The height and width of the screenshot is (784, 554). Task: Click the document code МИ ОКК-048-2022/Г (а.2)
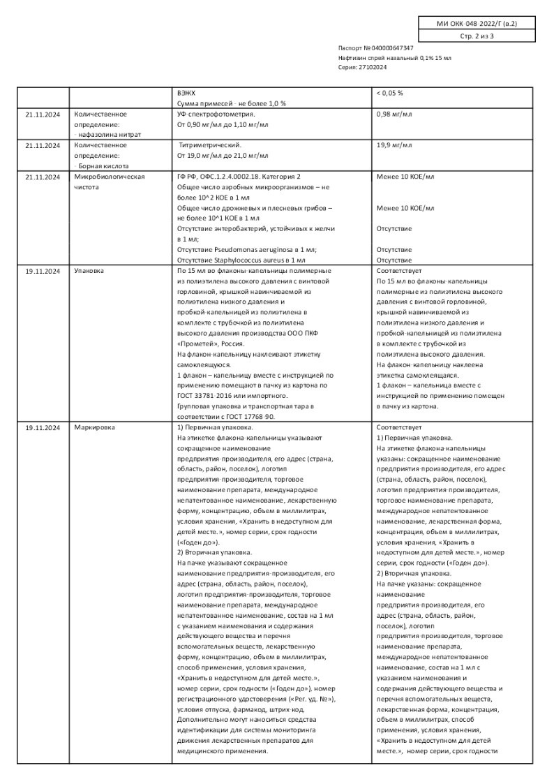tap(477, 24)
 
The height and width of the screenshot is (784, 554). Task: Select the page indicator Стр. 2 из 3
tap(477, 36)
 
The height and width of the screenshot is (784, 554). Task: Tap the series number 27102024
tap(373, 67)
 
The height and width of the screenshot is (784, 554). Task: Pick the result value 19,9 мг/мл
tap(394, 145)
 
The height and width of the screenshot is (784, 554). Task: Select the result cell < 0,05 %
tap(390, 93)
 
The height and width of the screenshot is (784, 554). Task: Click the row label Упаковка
tap(89, 270)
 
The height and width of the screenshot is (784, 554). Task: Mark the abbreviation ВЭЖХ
tap(186, 93)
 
